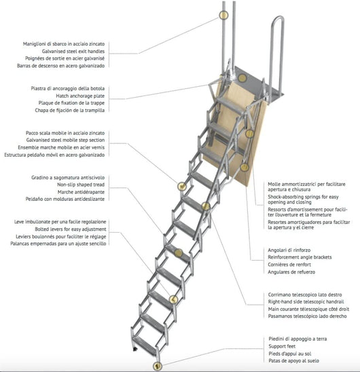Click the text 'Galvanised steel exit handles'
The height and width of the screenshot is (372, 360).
pos(73,51)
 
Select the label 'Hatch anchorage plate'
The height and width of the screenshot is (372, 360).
pos(80,96)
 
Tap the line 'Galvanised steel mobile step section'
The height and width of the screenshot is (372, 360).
pos(65,140)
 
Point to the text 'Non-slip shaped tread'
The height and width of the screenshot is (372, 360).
pos(81,185)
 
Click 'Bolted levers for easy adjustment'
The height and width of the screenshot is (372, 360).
pos(71,229)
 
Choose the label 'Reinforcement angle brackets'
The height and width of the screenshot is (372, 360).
pos(300,257)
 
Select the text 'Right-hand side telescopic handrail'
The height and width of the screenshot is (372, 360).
pos(306,302)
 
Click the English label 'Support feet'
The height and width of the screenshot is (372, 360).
pos(282,346)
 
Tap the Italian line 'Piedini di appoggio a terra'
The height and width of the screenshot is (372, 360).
pos(298,339)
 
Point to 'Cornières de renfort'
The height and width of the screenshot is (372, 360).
pos(289,265)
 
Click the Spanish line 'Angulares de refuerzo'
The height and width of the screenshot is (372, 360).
pos(291,272)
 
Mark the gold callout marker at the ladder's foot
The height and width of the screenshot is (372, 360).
pos(157,366)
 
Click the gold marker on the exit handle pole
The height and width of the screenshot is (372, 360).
pos(223,15)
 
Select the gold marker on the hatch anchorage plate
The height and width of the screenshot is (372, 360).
pos(242,78)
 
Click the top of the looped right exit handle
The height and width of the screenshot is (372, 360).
pos(278,17)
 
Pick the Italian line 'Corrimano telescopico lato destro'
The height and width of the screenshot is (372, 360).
pos(305,295)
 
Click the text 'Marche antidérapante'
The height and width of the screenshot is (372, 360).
pos(81,192)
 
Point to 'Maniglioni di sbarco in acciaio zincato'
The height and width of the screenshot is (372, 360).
pos(64,44)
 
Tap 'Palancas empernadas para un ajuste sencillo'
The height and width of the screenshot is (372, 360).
pos(58,244)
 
